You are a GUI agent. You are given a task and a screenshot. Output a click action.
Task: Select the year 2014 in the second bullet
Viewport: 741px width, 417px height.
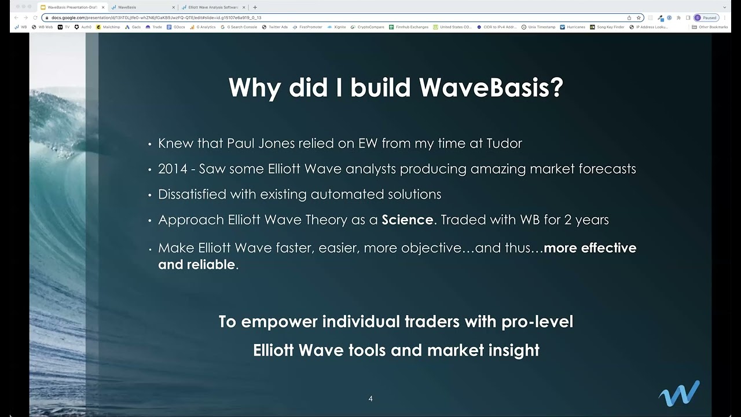[x=173, y=169]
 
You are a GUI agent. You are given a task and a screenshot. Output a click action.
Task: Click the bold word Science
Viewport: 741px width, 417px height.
[x=407, y=220]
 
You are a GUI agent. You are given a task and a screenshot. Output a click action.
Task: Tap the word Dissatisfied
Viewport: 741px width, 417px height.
[x=193, y=195]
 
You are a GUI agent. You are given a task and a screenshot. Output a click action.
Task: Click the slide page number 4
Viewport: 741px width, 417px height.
[x=370, y=398]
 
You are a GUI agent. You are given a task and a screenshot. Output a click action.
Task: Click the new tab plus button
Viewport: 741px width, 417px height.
[x=255, y=8]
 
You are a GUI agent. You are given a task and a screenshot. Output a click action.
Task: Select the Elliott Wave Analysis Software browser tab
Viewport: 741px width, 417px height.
[x=213, y=8]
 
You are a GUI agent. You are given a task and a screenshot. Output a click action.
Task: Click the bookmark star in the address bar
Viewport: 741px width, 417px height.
[x=639, y=18]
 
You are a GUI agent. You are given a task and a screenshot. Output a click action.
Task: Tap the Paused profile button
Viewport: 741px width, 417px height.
[x=706, y=18]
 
